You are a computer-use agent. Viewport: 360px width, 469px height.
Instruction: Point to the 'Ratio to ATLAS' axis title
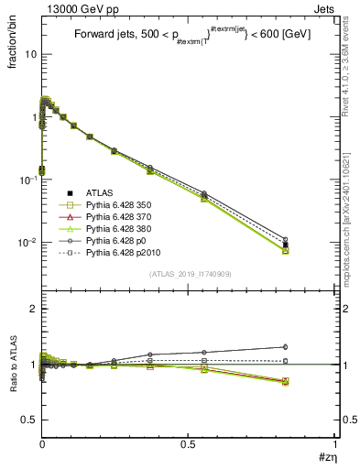click(13, 364)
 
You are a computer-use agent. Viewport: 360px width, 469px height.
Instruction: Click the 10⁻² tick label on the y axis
click(28, 242)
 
